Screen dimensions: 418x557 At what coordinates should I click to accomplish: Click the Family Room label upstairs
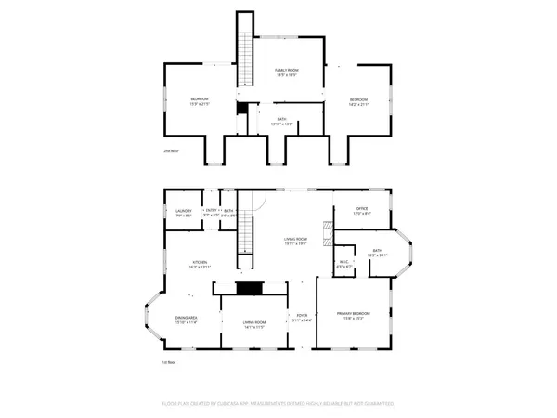point(284,72)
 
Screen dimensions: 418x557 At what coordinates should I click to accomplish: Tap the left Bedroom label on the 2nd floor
point(200,101)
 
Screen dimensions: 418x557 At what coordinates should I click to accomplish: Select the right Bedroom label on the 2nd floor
point(358,101)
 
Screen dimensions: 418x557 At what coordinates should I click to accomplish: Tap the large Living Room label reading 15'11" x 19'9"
point(296,241)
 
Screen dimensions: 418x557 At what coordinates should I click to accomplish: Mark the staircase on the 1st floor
point(245,231)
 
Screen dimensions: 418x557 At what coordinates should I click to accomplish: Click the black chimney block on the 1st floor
point(249,289)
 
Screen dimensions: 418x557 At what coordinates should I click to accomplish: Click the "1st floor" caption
point(170,362)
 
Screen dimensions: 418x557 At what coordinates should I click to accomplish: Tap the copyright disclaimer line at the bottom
point(278,403)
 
